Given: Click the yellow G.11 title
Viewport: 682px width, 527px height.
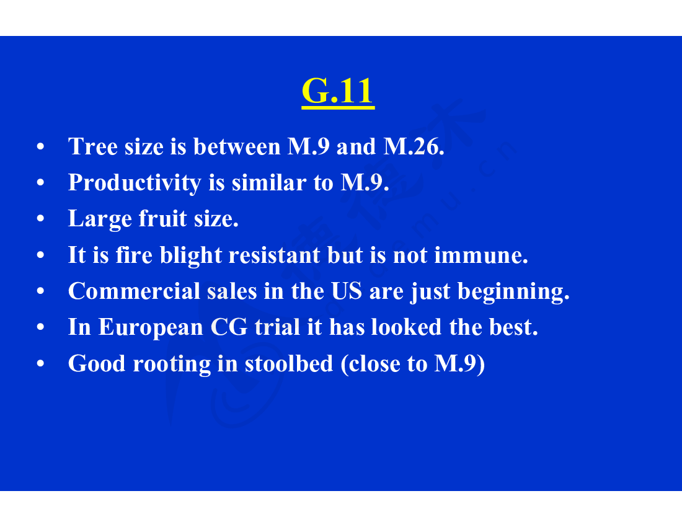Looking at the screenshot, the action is click(338, 91).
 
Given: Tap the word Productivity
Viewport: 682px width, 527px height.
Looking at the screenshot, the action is click(135, 184).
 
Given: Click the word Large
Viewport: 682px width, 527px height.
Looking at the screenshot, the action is click(100, 219).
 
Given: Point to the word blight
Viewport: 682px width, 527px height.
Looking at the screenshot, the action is click(191, 255).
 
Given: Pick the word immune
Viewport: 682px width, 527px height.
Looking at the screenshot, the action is click(481, 255).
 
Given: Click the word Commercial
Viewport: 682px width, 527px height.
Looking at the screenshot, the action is click(134, 291).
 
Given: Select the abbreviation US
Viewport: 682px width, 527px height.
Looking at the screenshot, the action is click(347, 291).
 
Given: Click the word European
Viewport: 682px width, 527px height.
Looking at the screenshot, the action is click(151, 328).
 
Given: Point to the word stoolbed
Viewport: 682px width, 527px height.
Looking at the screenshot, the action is click(289, 363).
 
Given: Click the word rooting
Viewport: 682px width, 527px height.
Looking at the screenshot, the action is click(171, 365).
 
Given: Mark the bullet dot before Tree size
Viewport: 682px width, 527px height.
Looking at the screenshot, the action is click(40, 146).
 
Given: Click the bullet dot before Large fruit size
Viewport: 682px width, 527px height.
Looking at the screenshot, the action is click(40, 219).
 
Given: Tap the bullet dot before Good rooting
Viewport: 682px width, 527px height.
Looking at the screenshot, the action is click(40, 363).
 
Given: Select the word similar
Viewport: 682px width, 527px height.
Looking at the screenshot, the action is click(269, 183).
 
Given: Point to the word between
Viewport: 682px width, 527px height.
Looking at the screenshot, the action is click(237, 146).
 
